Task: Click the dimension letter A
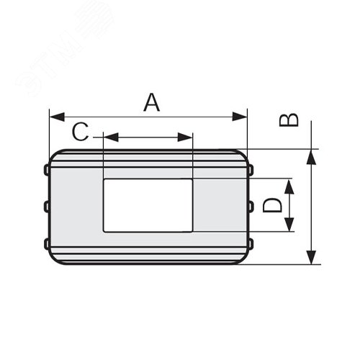pos(152,102)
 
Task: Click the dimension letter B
pos(289,120)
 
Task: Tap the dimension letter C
pos(80,132)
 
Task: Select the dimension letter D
pos(272,205)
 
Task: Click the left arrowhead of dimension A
pos(57,117)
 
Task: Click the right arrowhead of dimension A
pos(240,117)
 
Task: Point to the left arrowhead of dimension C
pos(111,138)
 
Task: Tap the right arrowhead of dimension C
pos(185,138)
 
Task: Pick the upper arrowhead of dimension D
pos(289,186)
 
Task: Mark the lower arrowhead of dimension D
pos(289,224)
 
